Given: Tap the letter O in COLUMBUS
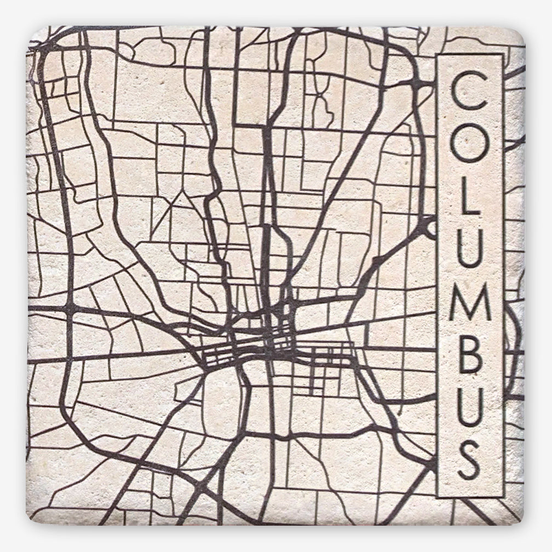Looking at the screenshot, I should point(469,150).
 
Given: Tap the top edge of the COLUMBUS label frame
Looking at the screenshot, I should point(469,55).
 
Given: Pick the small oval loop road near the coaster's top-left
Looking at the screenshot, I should point(125,50).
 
